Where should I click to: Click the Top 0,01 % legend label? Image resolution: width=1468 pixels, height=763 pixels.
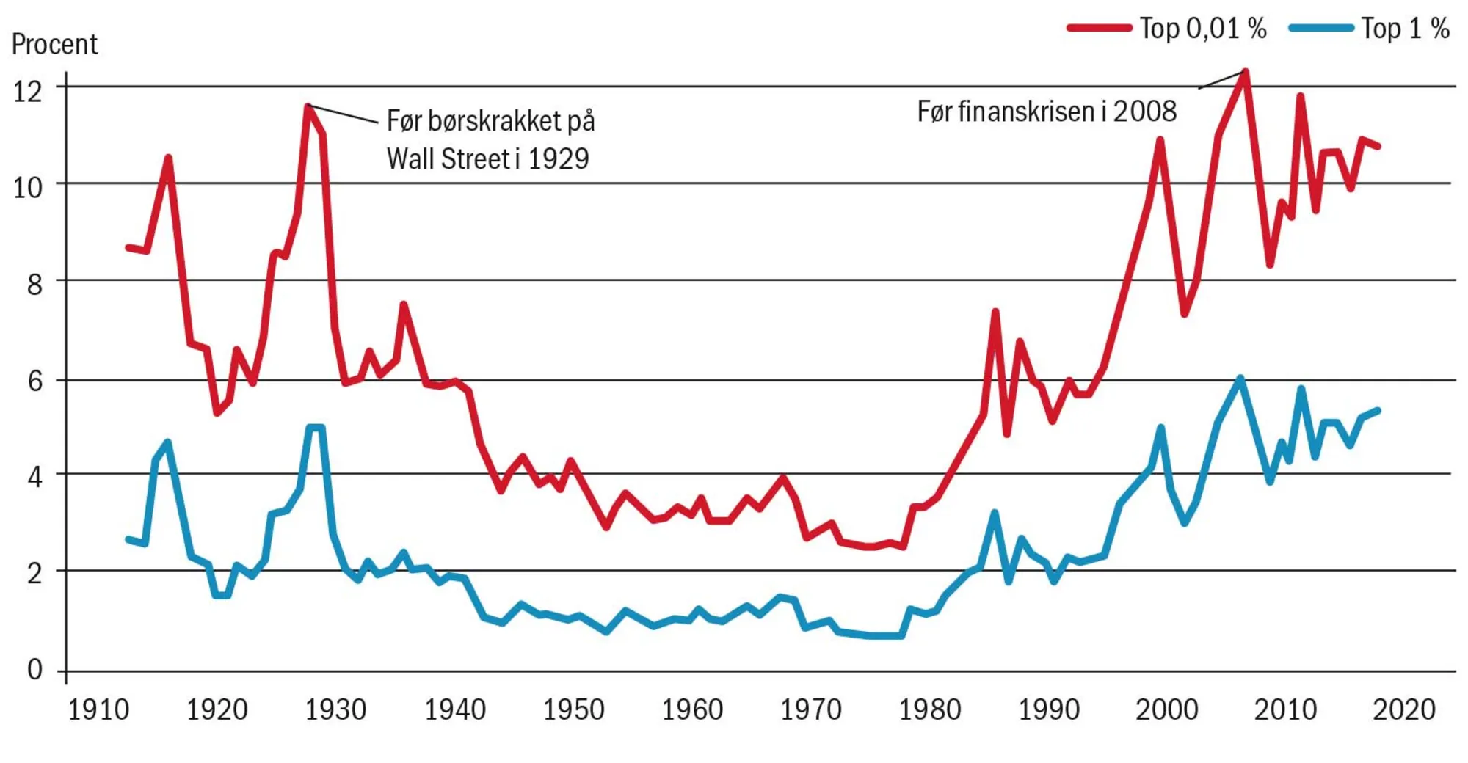(x=1202, y=29)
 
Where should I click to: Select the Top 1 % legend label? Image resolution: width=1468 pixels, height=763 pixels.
(x=1405, y=29)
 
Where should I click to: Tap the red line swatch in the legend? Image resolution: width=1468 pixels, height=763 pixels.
(x=1099, y=28)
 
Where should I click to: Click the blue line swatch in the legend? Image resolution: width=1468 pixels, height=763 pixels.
(x=1321, y=28)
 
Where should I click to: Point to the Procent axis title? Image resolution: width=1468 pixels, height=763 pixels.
(x=54, y=45)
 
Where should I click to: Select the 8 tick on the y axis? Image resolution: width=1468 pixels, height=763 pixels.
(x=34, y=284)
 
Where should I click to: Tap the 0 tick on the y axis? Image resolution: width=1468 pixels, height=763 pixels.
(x=34, y=670)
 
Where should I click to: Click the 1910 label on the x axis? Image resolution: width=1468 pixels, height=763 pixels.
(x=98, y=710)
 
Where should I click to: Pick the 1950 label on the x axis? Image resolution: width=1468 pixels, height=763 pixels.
(x=573, y=710)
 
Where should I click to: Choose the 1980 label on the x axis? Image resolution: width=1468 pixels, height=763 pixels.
(x=930, y=710)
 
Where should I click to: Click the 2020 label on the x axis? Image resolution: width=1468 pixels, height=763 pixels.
(x=1403, y=710)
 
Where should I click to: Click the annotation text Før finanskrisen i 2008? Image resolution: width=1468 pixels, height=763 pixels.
(x=1047, y=112)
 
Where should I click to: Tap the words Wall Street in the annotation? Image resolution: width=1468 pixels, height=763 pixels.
(x=448, y=159)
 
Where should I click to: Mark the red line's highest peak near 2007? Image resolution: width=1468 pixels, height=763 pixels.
(x=1245, y=72)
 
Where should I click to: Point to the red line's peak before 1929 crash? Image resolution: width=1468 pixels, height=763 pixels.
(x=308, y=107)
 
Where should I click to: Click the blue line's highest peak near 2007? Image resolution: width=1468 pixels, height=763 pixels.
(x=1240, y=379)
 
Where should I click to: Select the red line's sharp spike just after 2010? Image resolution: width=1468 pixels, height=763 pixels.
(x=1300, y=96)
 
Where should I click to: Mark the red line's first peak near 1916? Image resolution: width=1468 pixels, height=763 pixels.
(x=169, y=158)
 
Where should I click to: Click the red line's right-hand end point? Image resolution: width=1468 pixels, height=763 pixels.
(x=1378, y=147)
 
